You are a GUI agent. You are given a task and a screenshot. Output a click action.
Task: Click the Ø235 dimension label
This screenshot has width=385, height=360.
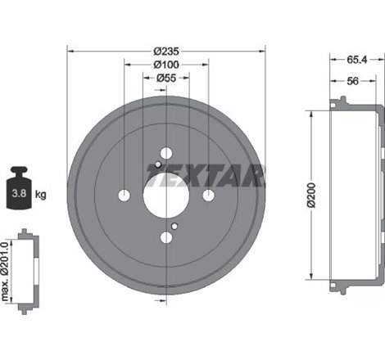click(x=165, y=51)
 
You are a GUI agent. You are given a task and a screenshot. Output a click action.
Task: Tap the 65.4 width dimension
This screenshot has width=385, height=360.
click(x=355, y=60)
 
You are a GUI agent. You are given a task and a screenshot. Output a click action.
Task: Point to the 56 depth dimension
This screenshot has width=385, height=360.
click(x=352, y=82)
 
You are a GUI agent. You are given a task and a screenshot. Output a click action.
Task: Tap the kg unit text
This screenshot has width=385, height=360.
click(x=40, y=195)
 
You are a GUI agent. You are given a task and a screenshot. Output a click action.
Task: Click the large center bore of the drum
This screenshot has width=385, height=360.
click(x=165, y=195)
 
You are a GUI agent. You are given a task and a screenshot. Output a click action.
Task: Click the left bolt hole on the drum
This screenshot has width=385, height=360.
click(x=125, y=195)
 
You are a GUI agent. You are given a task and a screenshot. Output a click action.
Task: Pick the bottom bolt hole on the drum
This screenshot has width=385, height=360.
click(x=166, y=237)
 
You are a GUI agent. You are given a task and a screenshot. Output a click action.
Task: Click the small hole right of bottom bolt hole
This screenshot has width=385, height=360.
click(x=175, y=225)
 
